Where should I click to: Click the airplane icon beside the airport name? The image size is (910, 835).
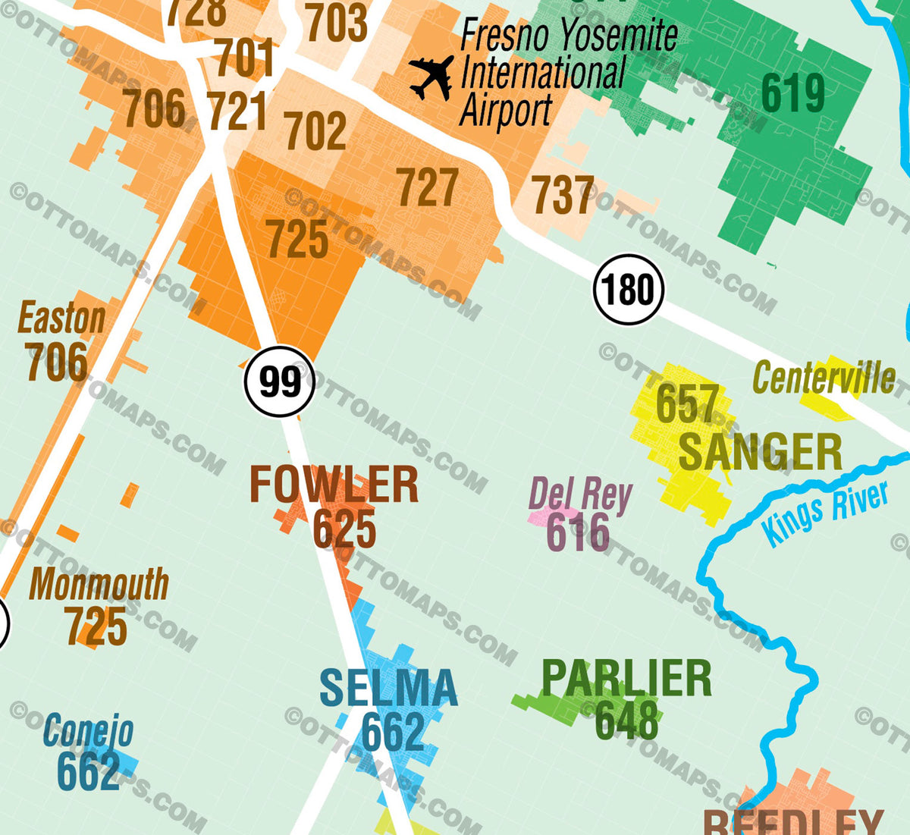(431, 78)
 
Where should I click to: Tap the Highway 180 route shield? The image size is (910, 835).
(628, 290)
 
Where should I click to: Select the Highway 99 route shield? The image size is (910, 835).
(279, 381)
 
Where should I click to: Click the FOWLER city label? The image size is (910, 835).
(334, 485)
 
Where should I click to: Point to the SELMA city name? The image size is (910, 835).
(388, 688)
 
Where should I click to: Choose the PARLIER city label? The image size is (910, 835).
(626, 679)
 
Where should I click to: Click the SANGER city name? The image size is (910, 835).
(760, 453)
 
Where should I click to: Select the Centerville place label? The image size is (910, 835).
(824, 378)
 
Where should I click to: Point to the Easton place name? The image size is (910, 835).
(61, 319)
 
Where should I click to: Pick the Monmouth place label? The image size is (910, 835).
(99, 585)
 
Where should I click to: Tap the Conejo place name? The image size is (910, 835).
(88, 731)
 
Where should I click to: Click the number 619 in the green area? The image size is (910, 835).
(792, 94)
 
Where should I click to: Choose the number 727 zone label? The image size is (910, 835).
(428, 187)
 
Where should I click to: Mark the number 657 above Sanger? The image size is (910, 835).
(687, 403)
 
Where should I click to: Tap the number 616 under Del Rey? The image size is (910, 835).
(578, 532)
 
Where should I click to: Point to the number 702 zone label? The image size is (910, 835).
(315, 130)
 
